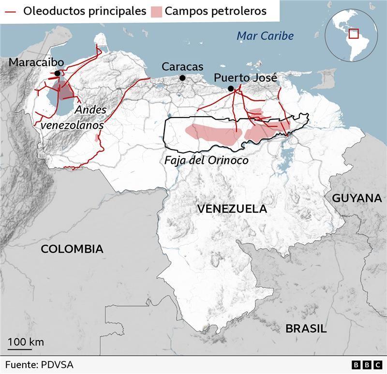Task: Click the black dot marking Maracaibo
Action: [x=58, y=74]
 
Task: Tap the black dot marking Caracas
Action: [x=182, y=78]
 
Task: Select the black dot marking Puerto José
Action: [x=231, y=88]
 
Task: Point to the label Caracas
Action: [x=182, y=67]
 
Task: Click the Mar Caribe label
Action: [x=265, y=36]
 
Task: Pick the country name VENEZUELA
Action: [x=232, y=209]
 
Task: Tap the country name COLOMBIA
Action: [x=72, y=249]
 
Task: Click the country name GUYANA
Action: [x=357, y=198]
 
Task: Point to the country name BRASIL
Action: [x=306, y=329]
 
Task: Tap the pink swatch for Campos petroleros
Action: [x=156, y=11]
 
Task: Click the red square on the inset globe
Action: [x=354, y=33]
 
